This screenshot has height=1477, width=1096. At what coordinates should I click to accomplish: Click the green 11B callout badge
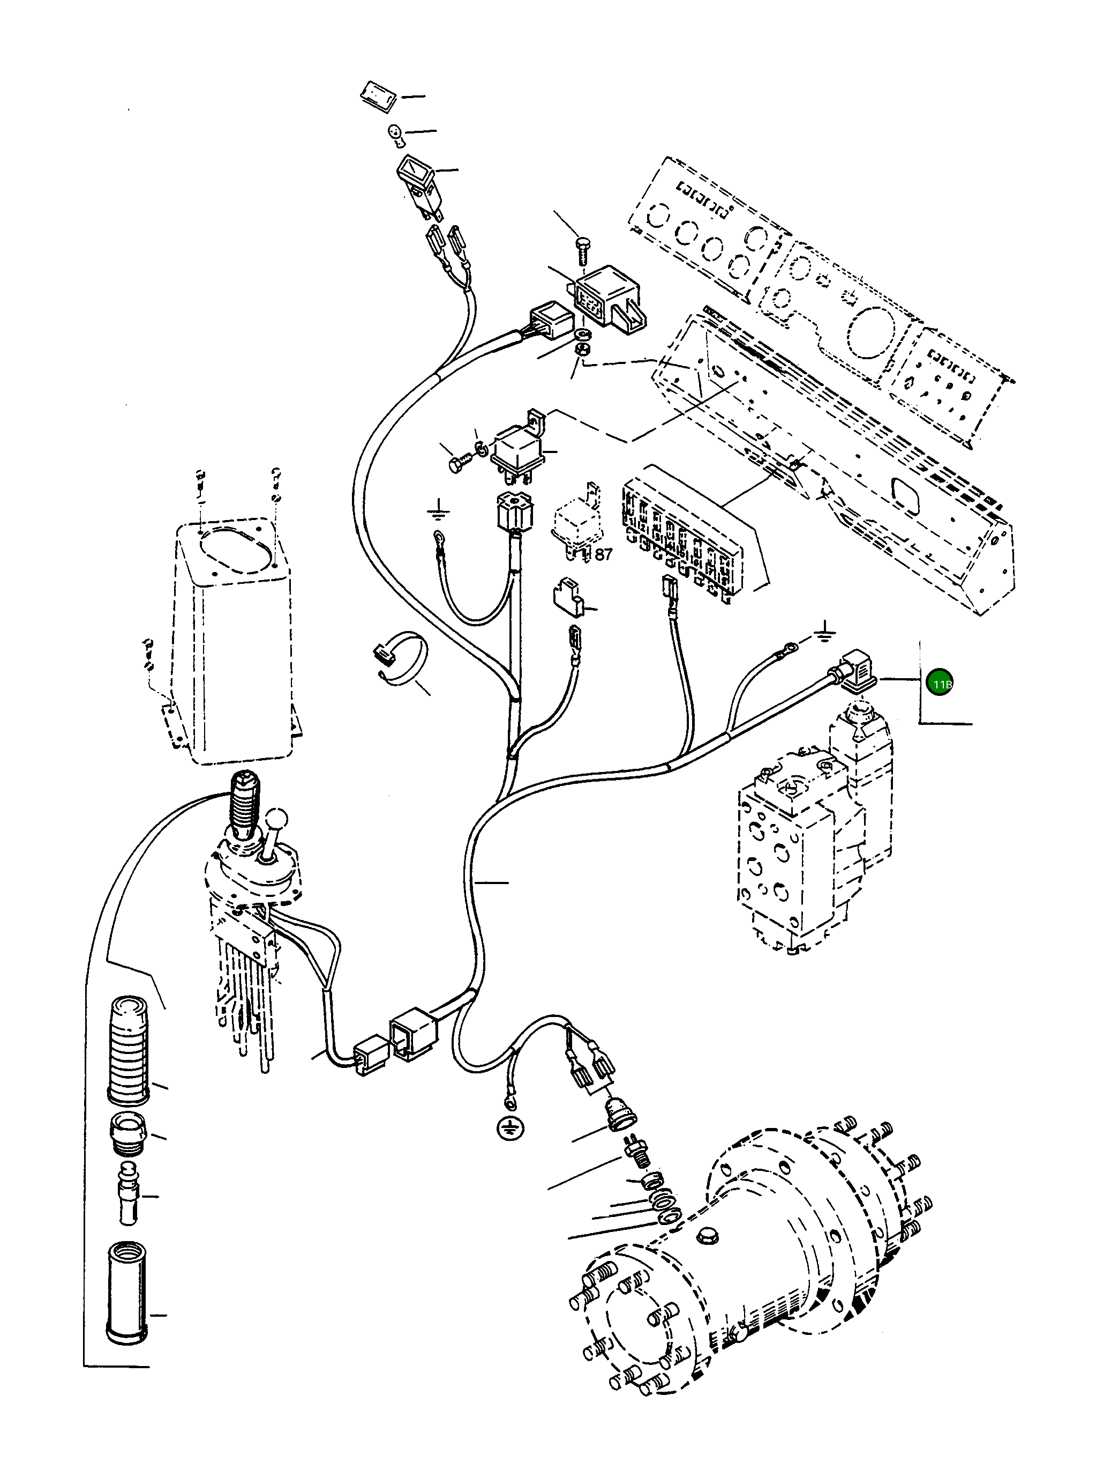[x=940, y=683]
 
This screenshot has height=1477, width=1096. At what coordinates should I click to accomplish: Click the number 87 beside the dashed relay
[x=603, y=554]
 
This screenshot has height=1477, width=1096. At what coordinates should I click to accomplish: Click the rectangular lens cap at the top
[x=379, y=94]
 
